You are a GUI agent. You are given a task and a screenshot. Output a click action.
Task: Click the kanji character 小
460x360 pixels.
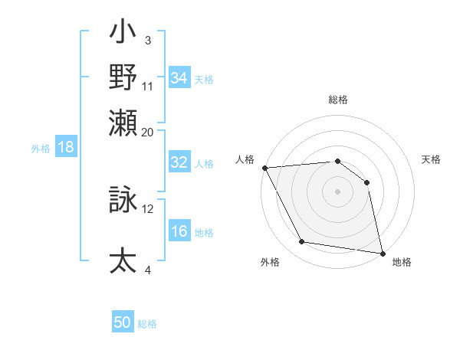pyautogui.click(x=123, y=34)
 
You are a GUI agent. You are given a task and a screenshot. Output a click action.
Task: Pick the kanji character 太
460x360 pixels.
pyautogui.click(x=123, y=260)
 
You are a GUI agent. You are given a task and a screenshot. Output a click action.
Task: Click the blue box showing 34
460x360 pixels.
pyautogui.click(x=179, y=78)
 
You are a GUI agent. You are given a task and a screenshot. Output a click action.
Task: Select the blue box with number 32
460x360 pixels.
pyautogui.click(x=179, y=162)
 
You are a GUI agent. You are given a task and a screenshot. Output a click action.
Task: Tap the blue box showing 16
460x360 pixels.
pyautogui.click(x=179, y=232)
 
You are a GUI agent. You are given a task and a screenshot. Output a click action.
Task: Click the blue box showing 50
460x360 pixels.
pyautogui.click(x=123, y=322)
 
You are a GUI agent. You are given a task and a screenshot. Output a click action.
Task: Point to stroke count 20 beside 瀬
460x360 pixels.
pyautogui.click(x=148, y=132)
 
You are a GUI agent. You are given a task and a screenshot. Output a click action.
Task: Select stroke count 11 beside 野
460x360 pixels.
pyautogui.click(x=148, y=85)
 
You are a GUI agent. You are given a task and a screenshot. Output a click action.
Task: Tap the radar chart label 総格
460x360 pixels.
pyautogui.click(x=337, y=100)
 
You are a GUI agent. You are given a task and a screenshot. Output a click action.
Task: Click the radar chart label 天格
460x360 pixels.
pyautogui.click(x=431, y=159)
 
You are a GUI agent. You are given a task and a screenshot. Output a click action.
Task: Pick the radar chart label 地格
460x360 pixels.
pyautogui.click(x=402, y=263)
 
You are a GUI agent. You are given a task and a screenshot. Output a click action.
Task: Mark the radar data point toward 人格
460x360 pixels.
pyautogui.click(x=264, y=168)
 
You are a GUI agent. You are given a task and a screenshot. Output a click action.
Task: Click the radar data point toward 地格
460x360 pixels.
pyautogui.click(x=382, y=253)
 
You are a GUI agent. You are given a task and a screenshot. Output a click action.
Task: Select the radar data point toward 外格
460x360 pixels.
pyautogui.click(x=302, y=242)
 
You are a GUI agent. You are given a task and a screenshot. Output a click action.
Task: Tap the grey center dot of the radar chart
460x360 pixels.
pyautogui.click(x=337, y=191)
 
